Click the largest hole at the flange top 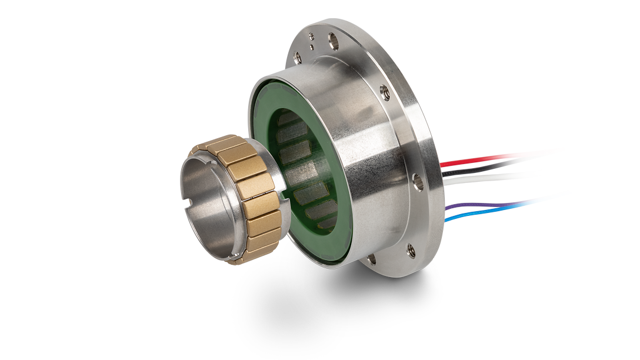pyautogui.click(x=334, y=41)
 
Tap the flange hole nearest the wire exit pyautogui.click(x=418, y=182)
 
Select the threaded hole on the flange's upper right pyautogui.click(x=385, y=91)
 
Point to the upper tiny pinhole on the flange pyautogui.click(x=311, y=37)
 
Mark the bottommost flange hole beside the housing pyautogui.click(x=371, y=258)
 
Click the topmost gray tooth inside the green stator pyautogui.click(x=288, y=120)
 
